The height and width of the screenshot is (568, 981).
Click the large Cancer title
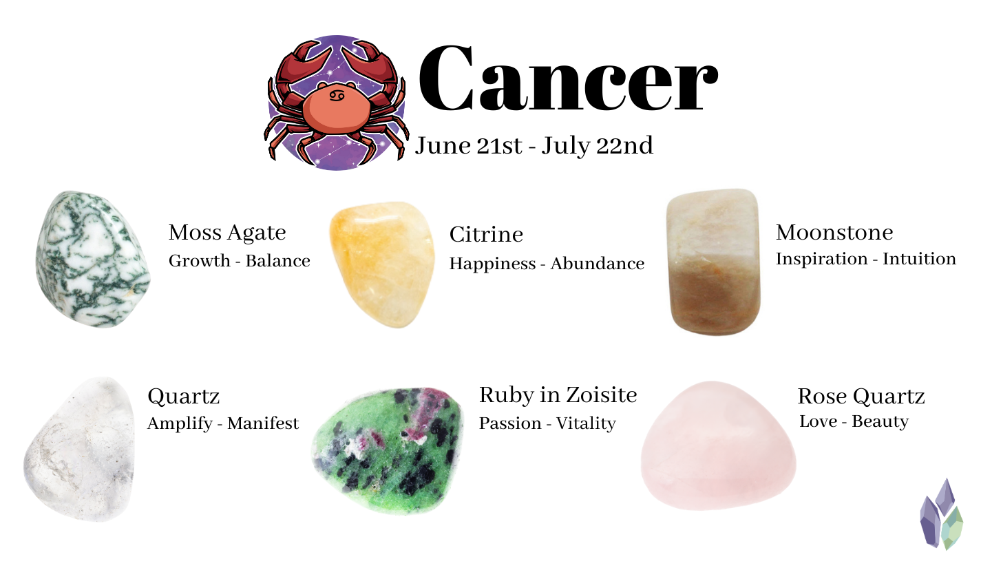coord(568,78)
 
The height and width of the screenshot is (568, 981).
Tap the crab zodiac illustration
coord(337,103)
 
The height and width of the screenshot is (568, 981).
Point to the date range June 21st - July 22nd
coord(534,146)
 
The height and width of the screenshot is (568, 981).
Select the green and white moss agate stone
coord(93,259)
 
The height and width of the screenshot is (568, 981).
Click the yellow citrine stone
coord(382,264)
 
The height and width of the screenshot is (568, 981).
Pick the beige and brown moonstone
coord(713,262)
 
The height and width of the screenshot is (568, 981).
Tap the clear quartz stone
coord(79,449)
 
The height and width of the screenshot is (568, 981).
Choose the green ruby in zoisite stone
coord(388,450)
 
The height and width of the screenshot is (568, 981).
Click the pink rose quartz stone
coord(718,445)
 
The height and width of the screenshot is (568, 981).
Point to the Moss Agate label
coord(227,233)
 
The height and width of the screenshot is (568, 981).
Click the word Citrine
coord(486,234)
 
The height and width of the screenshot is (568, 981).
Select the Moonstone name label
coord(834,233)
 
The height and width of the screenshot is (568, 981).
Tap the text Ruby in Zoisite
coord(558,395)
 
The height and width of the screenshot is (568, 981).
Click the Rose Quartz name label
coord(861,397)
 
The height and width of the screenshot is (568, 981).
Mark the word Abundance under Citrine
coord(598,264)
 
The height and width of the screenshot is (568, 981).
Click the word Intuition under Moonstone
coord(919,259)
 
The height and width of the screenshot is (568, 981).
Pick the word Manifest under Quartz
coord(263,423)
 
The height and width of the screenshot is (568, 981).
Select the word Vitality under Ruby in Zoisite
coord(586,423)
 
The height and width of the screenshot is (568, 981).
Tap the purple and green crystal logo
coord(941,514)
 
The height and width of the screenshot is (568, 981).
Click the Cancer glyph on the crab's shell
coord(337,95)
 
